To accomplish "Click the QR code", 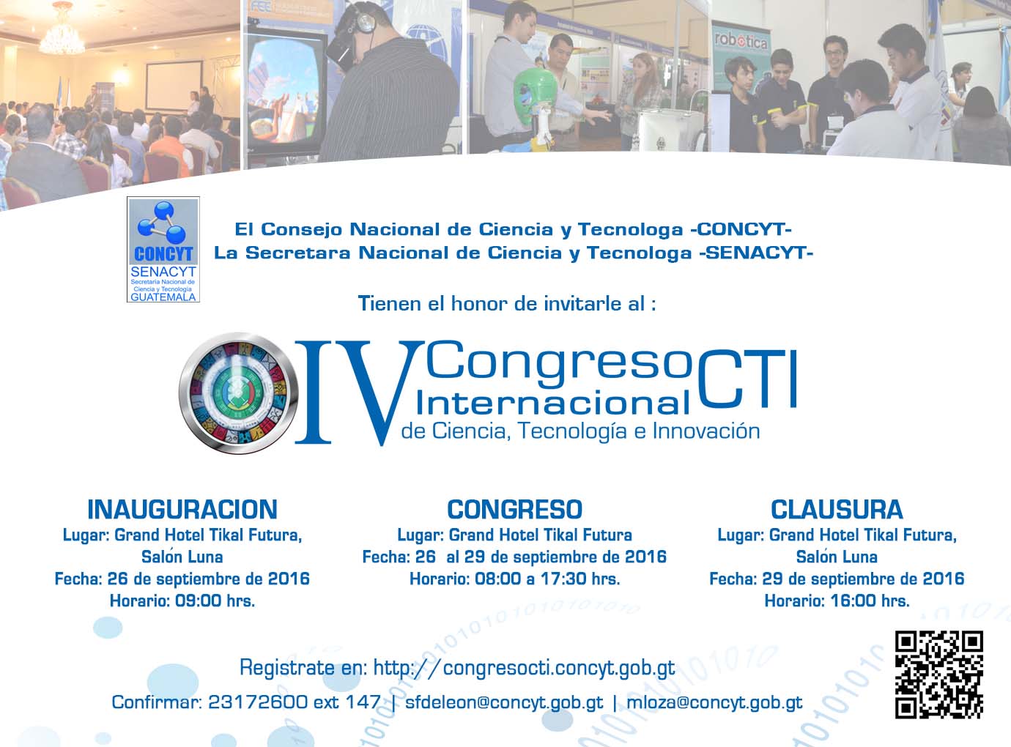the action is pos(938,674).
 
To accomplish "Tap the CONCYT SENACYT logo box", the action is pos(163,249).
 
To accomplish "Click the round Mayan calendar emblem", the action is pos(238,393).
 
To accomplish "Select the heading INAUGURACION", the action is pos(182,510).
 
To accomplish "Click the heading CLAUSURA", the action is pos(837,510).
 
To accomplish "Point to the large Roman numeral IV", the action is pos(357,393).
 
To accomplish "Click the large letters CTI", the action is pos(747,379).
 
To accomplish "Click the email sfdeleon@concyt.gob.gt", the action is pos(504,702).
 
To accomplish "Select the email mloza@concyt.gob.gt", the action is pos(715,702).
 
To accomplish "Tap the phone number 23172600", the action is pos(258,702).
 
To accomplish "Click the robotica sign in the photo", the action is pos(741,42).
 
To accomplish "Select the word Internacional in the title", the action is pos(553,403).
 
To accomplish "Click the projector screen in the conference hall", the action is pos(173,85).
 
